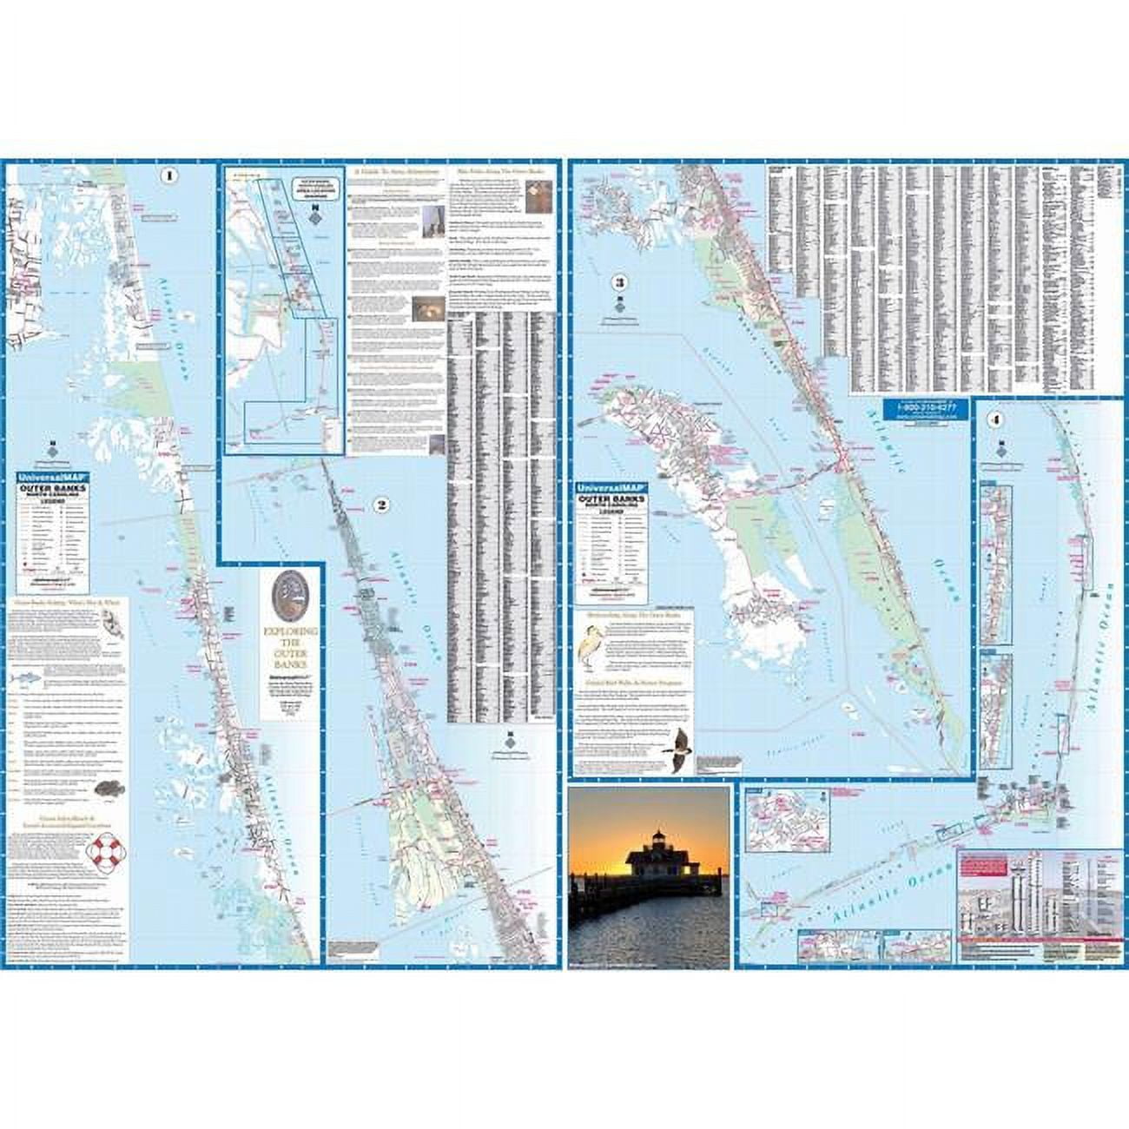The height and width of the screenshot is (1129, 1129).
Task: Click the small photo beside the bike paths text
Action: (534, 201)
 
